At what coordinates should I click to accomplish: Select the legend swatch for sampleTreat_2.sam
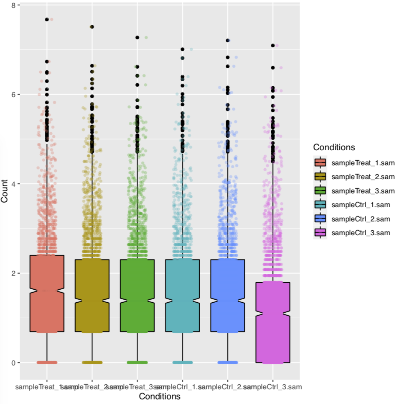point(321,177)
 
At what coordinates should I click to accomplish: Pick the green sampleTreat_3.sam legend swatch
point(321,191)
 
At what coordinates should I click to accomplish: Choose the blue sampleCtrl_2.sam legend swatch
point(321,219)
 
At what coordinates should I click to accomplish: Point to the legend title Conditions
point(334,147)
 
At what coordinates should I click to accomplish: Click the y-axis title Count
point(5,192)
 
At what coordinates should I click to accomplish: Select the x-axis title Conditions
point(160,396)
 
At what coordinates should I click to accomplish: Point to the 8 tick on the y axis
point(13,5)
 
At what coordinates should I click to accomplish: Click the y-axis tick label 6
point(13,95)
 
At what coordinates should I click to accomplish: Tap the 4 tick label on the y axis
point(13,184)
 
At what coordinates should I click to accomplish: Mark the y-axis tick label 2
point(13,273)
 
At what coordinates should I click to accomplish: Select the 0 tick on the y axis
point(13,363)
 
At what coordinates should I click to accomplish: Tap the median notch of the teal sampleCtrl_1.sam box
point(183,301)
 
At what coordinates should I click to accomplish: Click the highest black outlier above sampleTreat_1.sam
point(47,19)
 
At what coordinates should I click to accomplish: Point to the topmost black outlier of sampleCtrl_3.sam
point(273,46)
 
